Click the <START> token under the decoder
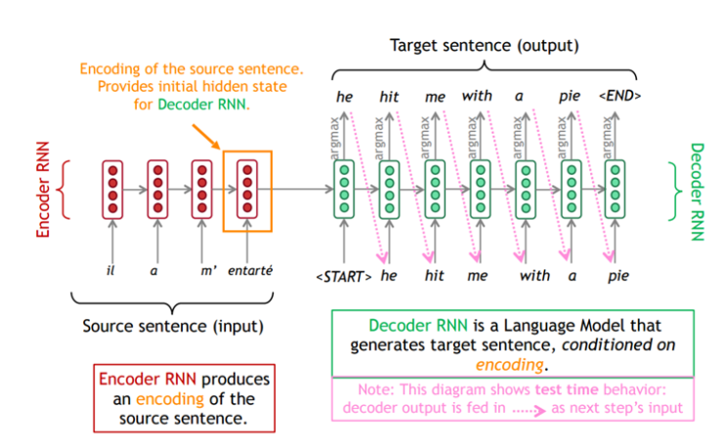point(343,276)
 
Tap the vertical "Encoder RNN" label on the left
point(43,190)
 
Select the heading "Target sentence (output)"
point(484,45)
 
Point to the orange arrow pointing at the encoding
point(209,136)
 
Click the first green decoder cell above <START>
point(344,189)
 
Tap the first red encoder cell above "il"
point(111,189)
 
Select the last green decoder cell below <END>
point(615,189)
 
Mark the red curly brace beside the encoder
point(67,189)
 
